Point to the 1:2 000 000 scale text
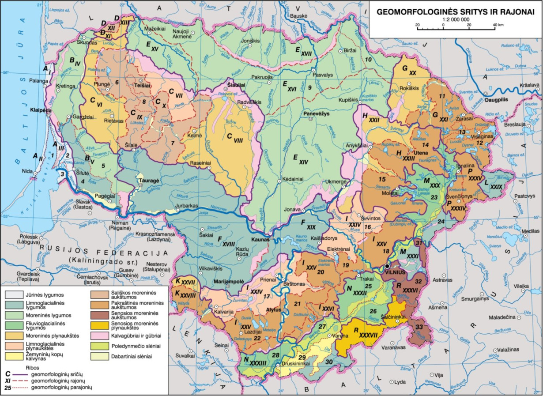tap(455, 20)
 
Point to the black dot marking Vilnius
tap(388, 266)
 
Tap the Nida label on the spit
tap(27, 170)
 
